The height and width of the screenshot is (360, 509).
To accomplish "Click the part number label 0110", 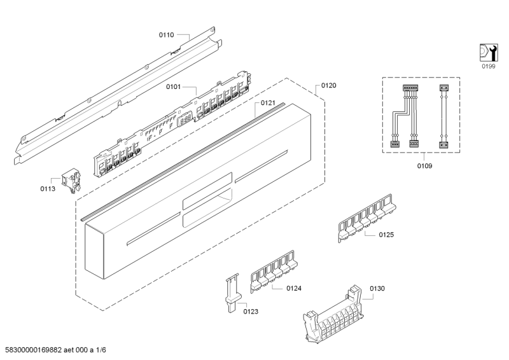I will (x=166, y=36).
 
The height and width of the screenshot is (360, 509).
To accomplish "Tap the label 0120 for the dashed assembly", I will (x=328, y=85).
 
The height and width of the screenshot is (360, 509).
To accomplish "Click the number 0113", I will (x=48, y=188).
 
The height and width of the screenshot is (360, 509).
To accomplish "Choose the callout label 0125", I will (x=386, y=235).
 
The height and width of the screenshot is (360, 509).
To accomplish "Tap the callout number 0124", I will (x=293, y=289).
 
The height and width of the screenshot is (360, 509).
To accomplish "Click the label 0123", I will (x=251, y=311).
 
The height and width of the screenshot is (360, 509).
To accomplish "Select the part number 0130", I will (x=377, y=288).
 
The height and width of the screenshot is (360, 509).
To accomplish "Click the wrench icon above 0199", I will (x=487, y=53).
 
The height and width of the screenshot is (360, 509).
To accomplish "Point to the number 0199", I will (x=487, y=66).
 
